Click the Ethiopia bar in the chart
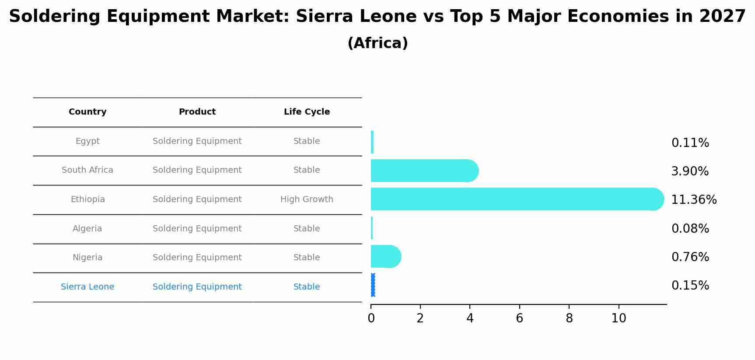click(516, 199)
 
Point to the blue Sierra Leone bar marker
click(373, 285)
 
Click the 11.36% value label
click(694, 200)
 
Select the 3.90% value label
click(690, 171)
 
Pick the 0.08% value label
click(690, 229)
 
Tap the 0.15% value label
click(690, 286)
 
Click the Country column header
click(87, 112)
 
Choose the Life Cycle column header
click(307, 112)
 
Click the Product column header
click(197, 112)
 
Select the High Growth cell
click(307, 199)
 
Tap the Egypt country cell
click(87, 141)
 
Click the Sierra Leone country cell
click(87, 287)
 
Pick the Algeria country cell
click(87, 229)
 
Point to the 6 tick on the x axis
click(519, 318)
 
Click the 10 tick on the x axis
click(619, 318)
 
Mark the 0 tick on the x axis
click(371, 318)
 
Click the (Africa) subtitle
click(377, 43)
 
